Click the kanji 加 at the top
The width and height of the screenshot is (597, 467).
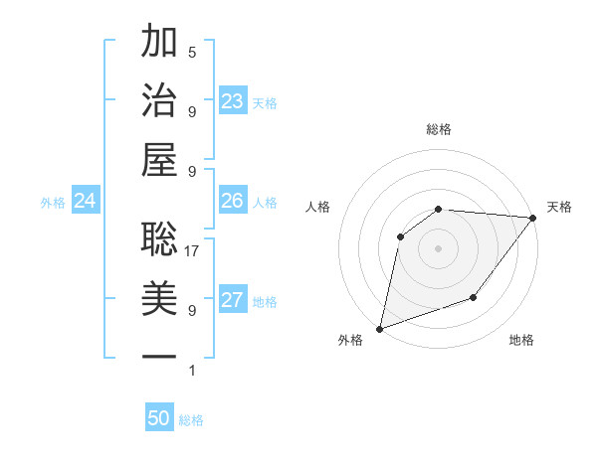point(159,43)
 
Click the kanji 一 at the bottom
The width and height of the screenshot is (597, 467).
point(159,356)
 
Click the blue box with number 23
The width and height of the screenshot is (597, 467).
point(233,100)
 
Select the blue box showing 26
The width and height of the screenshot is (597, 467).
point(233,201)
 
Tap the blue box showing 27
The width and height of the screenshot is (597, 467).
point(233,300)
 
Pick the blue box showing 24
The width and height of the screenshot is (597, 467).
point(86,201)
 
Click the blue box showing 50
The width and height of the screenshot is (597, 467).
point(159,418)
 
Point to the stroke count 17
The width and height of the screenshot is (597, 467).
point(192,251)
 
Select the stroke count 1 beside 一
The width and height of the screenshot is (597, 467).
point(192,371)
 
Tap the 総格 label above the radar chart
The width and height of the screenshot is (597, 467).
point(438,129)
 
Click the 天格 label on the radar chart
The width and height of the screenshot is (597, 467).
point(559,207)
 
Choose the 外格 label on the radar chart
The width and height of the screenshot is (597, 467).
point(350,341)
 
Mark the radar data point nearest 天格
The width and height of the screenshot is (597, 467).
point(533,218)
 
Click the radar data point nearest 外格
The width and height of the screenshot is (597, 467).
point(379,328)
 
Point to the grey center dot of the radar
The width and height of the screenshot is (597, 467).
point(438,247)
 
